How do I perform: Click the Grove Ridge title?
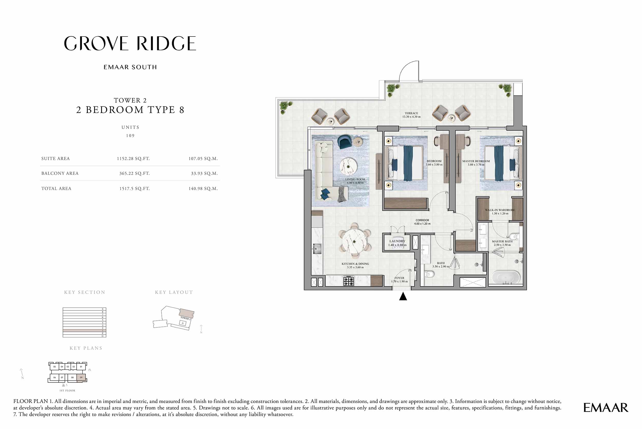pyautogui.click(x=130, y=43)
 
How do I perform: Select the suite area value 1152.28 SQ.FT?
pyautogui.click(x=133, y=159)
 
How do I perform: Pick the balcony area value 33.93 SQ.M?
pyautogui.click(x=204, y=173)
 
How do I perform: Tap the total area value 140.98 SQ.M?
pyautogui.click(x=203, y=189)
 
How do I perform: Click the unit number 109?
pyautogui.click(x=130, y=136)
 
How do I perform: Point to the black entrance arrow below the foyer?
pyautogui.click(x=403, y=297)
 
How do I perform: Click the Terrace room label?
pyautogui.click(x=411, y=115)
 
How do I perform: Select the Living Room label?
pyautogui.click(x=355, y=181)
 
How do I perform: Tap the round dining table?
pyautogui.click(x=354, y=241)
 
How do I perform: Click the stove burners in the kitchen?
pyautogui.click(x=348, y=281)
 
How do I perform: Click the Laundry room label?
pyautogui.click(x=397, y=243)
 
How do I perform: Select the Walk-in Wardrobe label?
pyautogui.click(x=500, y=211)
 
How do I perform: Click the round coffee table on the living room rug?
pyautogui.click(x=348, y=166)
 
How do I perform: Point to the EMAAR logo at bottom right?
pyautogui.click(x=606, y=408)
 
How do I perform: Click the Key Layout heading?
pyautogui.click(x=174, y=292)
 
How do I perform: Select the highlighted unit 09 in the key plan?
pyautogui.click(x=81, y=378)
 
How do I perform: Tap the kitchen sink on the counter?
pyautogui.click(x=317, y=249)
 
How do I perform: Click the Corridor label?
pyautogui.click(x=422, y=222)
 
